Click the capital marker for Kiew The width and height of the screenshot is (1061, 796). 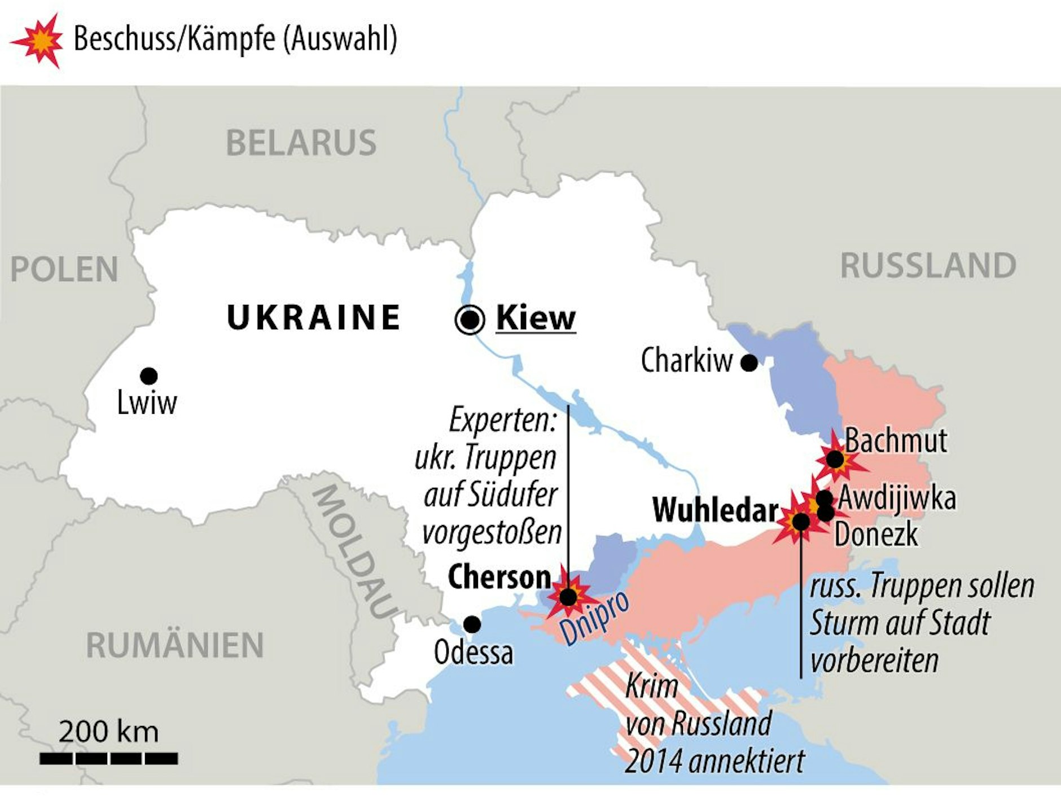pyautogui.click(x=470, y=320)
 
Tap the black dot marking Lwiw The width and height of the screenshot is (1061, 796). pyautogui.click(x=148, y=375)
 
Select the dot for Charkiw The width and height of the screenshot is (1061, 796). pyautogui.click(x=749, y=363)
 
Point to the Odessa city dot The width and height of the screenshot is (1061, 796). pyautogui.click(x=472, y=624)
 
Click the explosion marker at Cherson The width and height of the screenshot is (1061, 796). pyautogui.click(x=568, y=596)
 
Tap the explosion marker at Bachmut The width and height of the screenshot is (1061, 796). pyautogui.click(x=835, y=460)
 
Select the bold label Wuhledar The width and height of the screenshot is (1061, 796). pyautogui.click(x=715, y=510)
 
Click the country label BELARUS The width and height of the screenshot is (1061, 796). pyautogui.click(x=301, y=143)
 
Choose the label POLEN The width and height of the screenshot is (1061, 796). pyautogui.click(x=64, y=269)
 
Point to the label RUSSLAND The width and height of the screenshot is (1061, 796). pyautogui.click(x=928, y=265)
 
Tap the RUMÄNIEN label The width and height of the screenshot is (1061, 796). pyautogui.click(x=175, y=645)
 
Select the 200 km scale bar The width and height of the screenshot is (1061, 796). pyautogui.click(x=109, y=758)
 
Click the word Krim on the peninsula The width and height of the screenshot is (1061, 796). pyautogui.click(x=651, y=686)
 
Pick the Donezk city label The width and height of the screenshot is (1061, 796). pyautogui.click(x=876, y=534)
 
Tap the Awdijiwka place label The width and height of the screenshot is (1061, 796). pyautogui.click(x=897, y=498)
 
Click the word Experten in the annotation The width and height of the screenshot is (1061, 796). pyautogui.click(x=502, y=420)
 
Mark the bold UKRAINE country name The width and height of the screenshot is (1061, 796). pyautogui.click(x=313, y=317)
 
